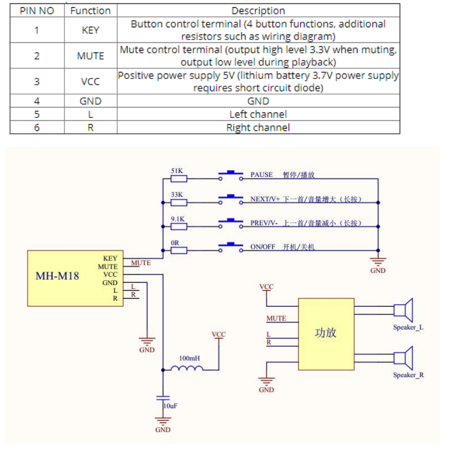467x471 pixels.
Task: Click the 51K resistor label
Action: pyautogui.click(x=177, y=170)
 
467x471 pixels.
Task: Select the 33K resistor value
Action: pyautogui.click(x=177, y=195)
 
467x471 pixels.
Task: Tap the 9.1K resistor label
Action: pyautogui.click(x=178, y=219)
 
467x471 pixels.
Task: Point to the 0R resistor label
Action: pyautogui.click(x=176, y=243)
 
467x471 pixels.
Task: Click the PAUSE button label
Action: pyautogui.click(x=261, y=175)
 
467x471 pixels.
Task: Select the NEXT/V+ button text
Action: pyautogui.click(x=265, y=199)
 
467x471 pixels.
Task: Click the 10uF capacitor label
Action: pyautogui.click(x=170, y=406)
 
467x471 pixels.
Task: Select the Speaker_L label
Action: pyautogui.click(x=408, y=327)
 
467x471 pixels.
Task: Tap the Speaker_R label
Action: pyautogui.click(x=408, y=375)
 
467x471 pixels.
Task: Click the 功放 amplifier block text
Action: pyautogui.click(x=325, y=333)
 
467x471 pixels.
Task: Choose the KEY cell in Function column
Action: pyautogui.click(x=90, y=31)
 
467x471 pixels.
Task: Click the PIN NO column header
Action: pyautogui.click(x=37, y=11)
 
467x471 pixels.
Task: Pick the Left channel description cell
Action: pyautogui.click(x=258, y=114)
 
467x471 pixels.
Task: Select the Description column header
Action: pyautogui.click(x=258, y=11)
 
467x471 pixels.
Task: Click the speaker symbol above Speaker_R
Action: pyautogui.click(x=403, y=357)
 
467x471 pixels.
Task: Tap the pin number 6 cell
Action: pyautogui.click(x=37, y=127)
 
